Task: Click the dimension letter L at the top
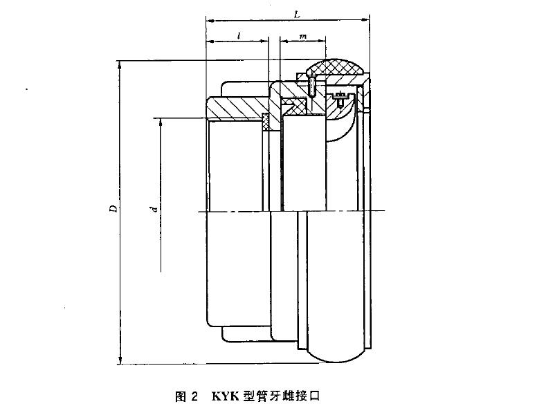coord(298,15)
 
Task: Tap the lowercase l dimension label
coord(239,35)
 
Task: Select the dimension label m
coord(303,36)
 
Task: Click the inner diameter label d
coord(155,208)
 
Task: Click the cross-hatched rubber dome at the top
coord(335,67)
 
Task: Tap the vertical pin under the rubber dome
coord(312,86)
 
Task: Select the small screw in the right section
coord(340,100)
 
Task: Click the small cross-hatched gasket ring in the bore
coord(266,122)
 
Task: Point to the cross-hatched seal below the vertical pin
coord(295,106)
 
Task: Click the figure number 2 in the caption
coord(194,397)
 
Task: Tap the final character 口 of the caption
coord(315,396)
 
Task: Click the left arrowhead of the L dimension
coord(209,21)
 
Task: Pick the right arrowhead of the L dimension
coord(366,21)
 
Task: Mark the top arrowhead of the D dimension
coord(120,64)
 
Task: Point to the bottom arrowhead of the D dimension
coord(120,360)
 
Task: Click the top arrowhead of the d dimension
coord(161,122)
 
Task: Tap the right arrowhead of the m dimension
coord(322,41)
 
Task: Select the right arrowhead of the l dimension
coord(264,41)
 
